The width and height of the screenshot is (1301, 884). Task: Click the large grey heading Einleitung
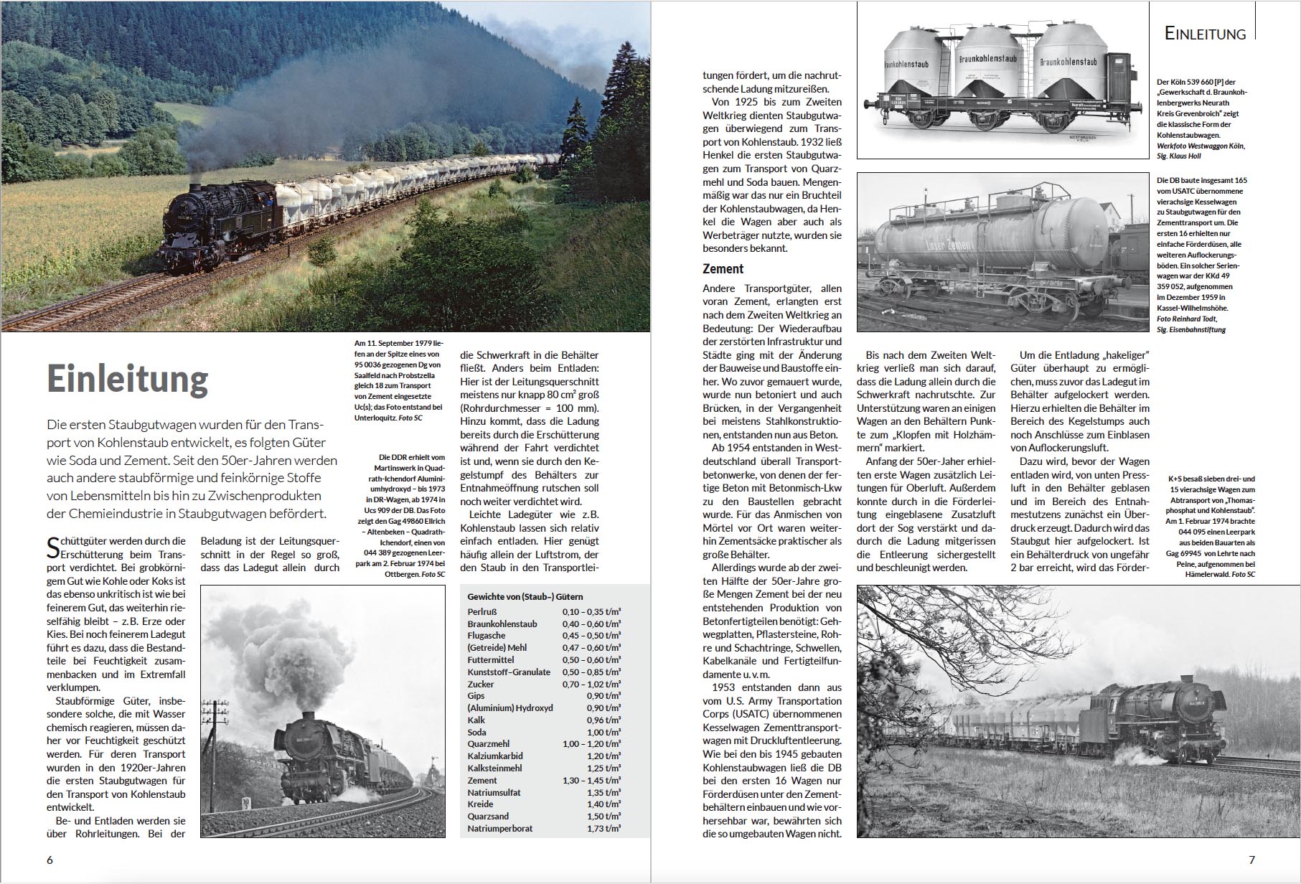pos(128,379)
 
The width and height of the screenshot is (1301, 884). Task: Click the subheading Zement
pos(723,268)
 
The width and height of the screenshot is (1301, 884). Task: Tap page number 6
pos(50,860)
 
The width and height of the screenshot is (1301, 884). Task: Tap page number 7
pos(1251,860)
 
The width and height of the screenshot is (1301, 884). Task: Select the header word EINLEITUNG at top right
pos(1205,34)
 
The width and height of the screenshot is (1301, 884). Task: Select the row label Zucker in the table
pos(481,684)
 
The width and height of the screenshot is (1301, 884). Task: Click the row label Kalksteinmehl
pos(494,768)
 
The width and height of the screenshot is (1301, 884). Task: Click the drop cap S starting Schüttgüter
pos(53,547)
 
